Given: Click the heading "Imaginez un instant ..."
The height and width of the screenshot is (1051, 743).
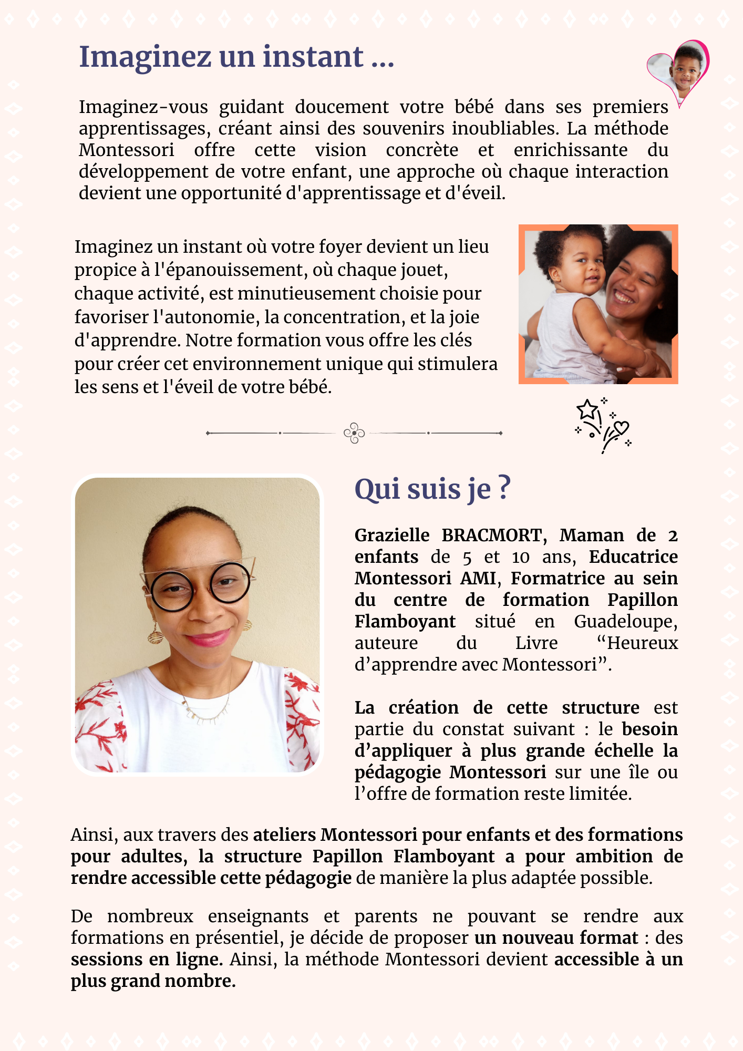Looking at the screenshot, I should (x=236, y=57).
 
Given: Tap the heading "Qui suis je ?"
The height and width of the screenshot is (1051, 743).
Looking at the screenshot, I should (x=432, y=489).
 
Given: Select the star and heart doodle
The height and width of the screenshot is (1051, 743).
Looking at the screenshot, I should (x=602, y=425).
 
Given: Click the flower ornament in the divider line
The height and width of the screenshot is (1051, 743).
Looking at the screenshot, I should (x=354, y=433).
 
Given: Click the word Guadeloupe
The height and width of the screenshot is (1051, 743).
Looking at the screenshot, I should (x=625, y=621).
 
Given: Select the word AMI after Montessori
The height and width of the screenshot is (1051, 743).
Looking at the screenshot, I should (x=478, y=578).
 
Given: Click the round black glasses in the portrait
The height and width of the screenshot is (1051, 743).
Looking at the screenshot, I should (x=200, y=586).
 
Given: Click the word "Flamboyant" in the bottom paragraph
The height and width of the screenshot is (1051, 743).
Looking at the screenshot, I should (x=444, y=856).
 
